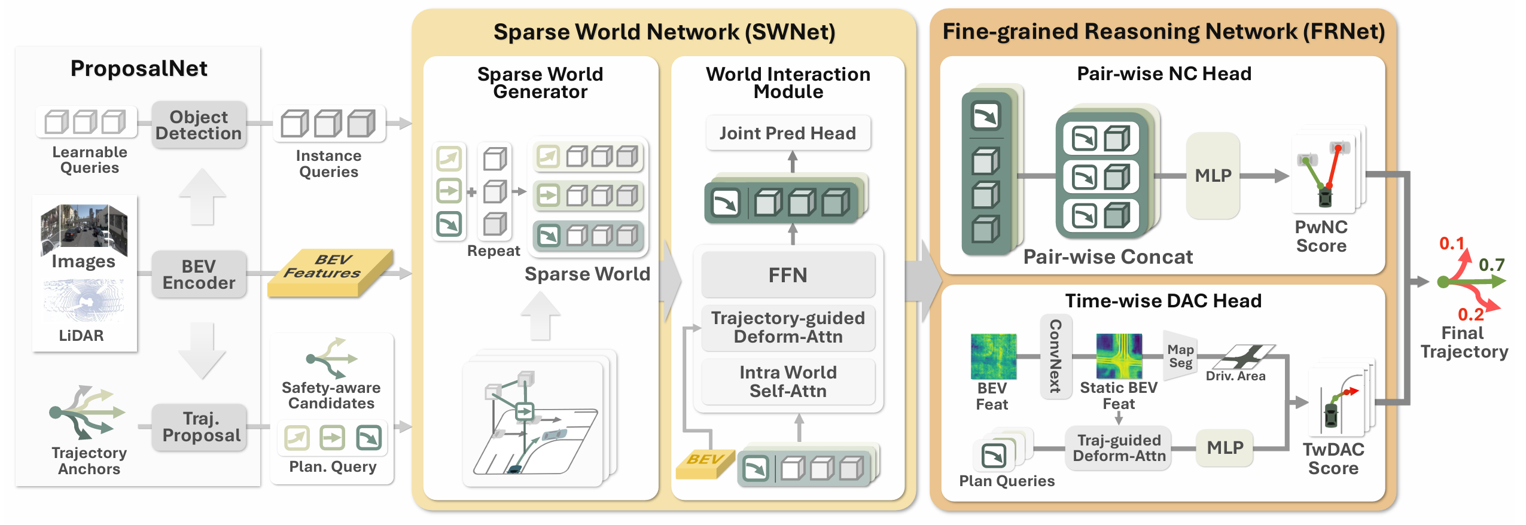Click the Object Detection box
click(199, 124)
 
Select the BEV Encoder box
click(199, 274)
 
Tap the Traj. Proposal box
click(201, 427)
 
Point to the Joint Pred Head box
click(787, 133)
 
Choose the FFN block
click(787, 275)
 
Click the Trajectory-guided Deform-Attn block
click(787, 327)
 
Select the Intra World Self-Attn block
click(787, 381)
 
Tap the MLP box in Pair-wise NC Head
click(1213, 176)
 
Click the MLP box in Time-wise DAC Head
click(1225, 447)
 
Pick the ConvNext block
click(1056, 356)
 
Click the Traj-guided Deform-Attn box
click(1119, 448)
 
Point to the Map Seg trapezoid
click(1180, 356)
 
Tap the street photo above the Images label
click(84, 226)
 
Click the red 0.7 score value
click(1491, 265)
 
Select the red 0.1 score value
click(1451, 243)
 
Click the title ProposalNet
click(139, 69)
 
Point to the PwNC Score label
click(1321, 236)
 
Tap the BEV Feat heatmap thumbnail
click(993, 356)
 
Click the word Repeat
click(494, 251)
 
